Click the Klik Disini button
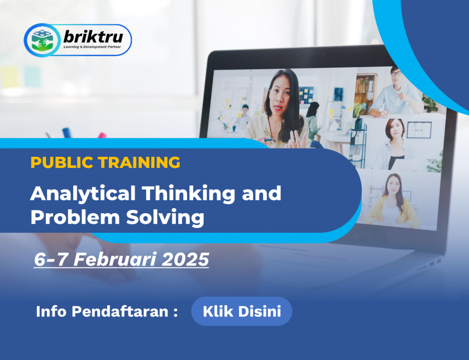(x=242, y=311)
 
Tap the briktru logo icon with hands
(x=42, y=40)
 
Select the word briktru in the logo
(x=93, y=37)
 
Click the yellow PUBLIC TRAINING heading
(x=106, y=162)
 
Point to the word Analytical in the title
(x=83, y=194)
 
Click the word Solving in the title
(x=165, y=217)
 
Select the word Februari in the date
(x=115, y=259)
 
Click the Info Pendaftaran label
(x=107, y=311)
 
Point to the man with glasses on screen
(x=394, y=93)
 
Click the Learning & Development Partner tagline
(x=92, y=47)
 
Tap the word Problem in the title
(x=75, y=217)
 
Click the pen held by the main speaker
(x=269, y=140)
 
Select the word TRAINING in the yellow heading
(x=139, y=162)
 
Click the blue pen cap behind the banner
(x=66, y=133)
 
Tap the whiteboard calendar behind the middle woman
(x=419, y=130)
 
